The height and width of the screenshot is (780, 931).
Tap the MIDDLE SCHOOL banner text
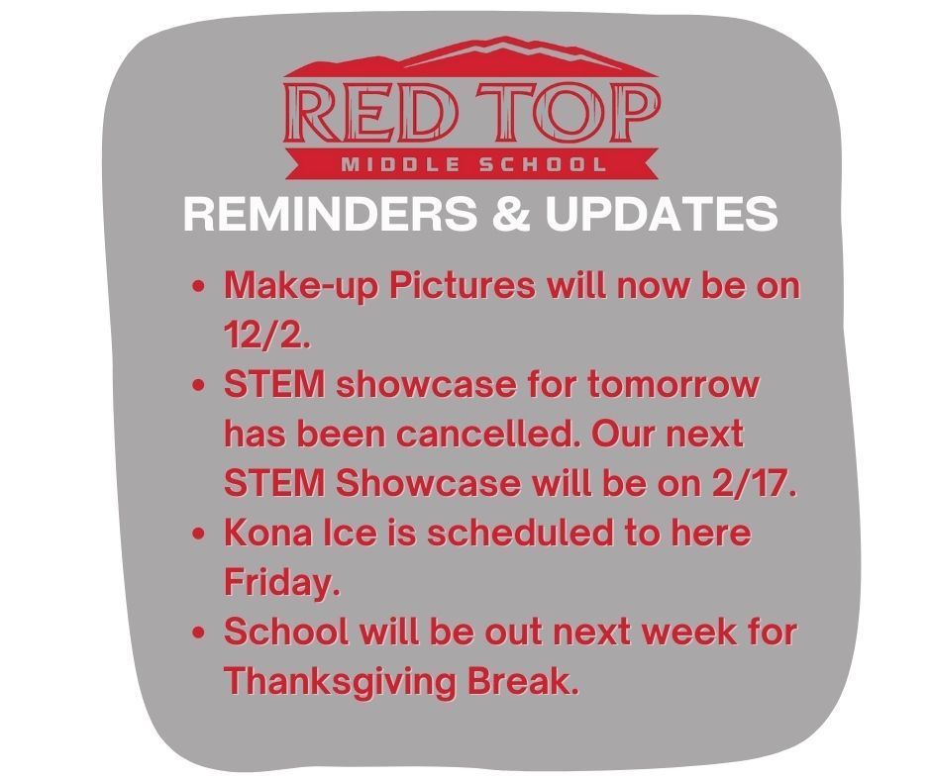click(473, 164)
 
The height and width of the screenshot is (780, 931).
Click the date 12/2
click(266, 335)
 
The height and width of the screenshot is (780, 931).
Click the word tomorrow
click(673, 385)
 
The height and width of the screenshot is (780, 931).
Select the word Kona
click(268, 533)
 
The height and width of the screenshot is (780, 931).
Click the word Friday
click(282, 583)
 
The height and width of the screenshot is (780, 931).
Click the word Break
click(523, 681)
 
